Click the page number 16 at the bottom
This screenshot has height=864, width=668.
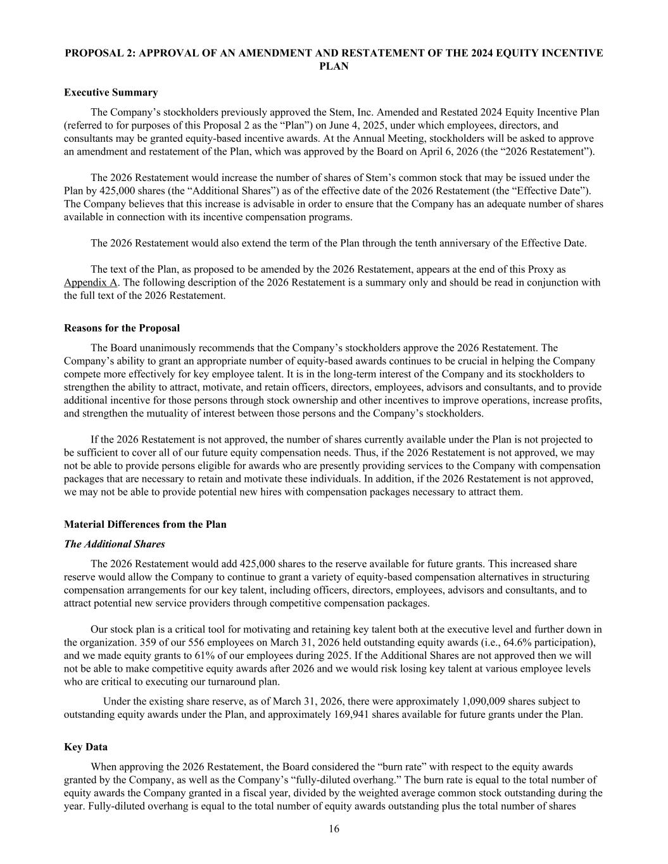[334, 829]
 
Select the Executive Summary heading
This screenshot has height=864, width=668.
[111, 92]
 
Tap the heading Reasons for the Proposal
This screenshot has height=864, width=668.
[122, 328]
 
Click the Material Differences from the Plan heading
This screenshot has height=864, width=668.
[145, 524]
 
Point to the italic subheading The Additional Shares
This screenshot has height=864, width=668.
[114, 544]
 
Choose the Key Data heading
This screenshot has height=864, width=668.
[85, 747]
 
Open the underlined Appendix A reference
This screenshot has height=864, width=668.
[91, 282]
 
